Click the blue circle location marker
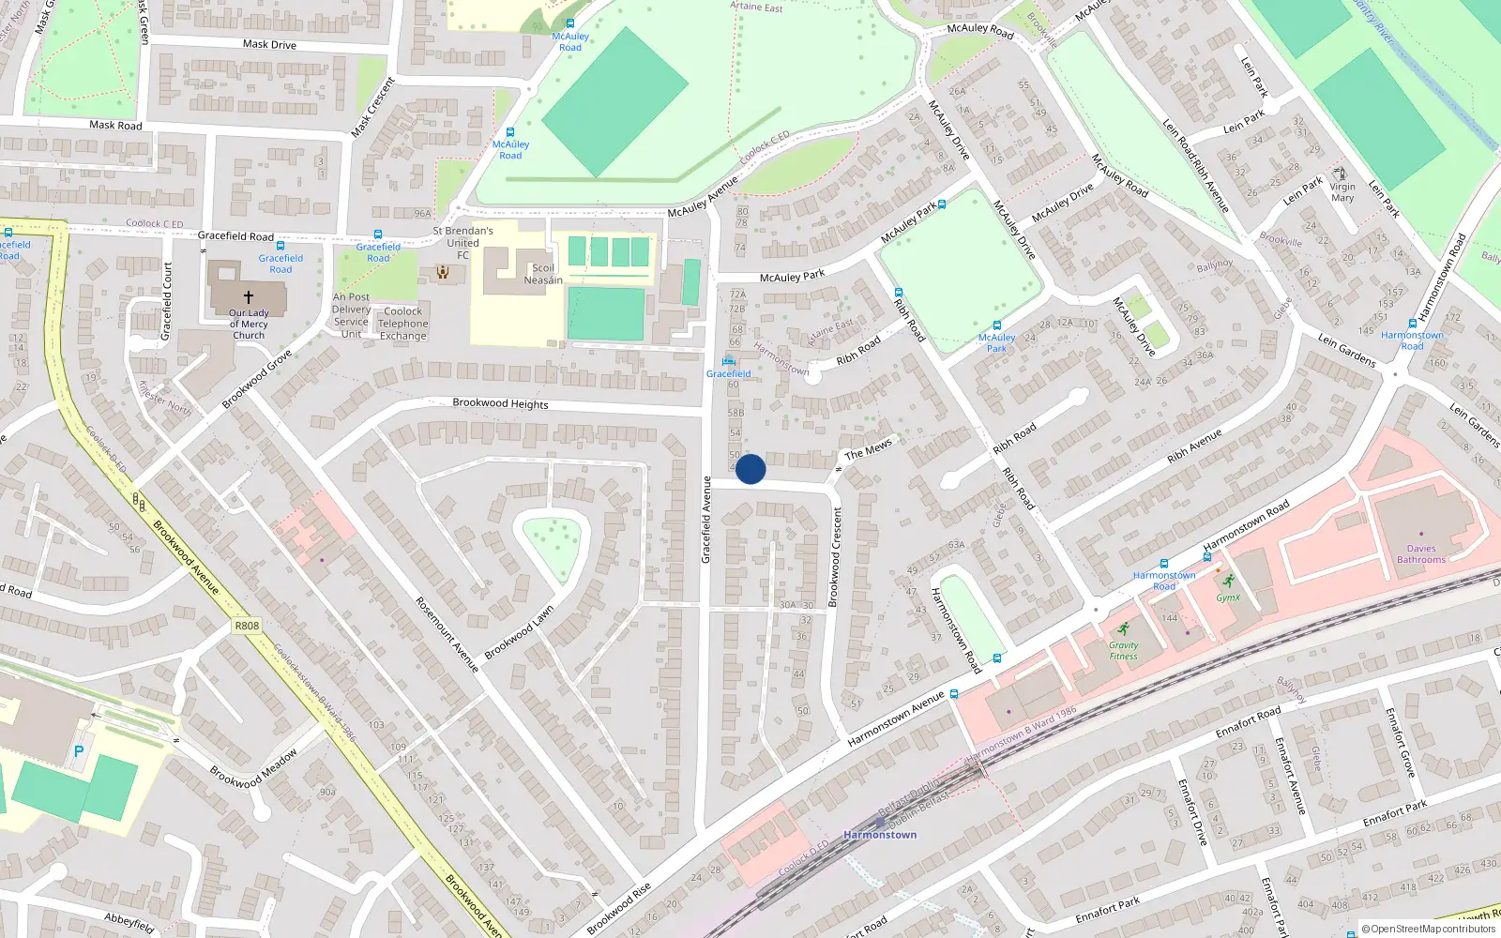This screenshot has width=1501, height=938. pyautogui.click(x=750, y=469)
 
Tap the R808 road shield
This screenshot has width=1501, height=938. pyautogui.click(x=247, y=626)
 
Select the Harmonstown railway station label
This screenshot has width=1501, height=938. pyautogui.click(x=880, y=834)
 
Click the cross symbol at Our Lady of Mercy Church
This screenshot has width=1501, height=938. pyautogui.click(x=249, y=296)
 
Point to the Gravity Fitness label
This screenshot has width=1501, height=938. pyautogui.click(x=1123, y=650)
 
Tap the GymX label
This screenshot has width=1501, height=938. pyautogui.click(x=1228, y=597)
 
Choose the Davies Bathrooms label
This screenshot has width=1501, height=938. pyautogui.click(x=1420, y=553)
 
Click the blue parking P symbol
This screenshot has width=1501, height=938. pyautogui.click(x=79, y=751)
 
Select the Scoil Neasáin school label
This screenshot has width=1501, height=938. pyautogui.click(x=543, y=274)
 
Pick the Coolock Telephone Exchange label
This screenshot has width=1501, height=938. pyautogui.click(x=402, y=324)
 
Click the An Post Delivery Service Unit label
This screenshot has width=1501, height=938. pyautogui.click(x=351, y=315)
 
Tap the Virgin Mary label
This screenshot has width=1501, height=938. pyautogui.click(x=1342, y=192)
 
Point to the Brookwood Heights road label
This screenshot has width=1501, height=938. pyautogui.click(x=500, y=403)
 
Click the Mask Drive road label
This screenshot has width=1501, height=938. pyautogui.click(x=269, y=44)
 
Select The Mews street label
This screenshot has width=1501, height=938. pyautogui.click(x=868, y=449)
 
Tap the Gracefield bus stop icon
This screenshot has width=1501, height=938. pyautogui.click(x=728, y=361)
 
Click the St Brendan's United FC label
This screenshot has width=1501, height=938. pyautogui.click(x=462, y=242)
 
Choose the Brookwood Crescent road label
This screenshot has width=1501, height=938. pyautogui.click(x=835, y=557)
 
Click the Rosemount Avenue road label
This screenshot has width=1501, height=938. pyautogui.click(x=447, y=635)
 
